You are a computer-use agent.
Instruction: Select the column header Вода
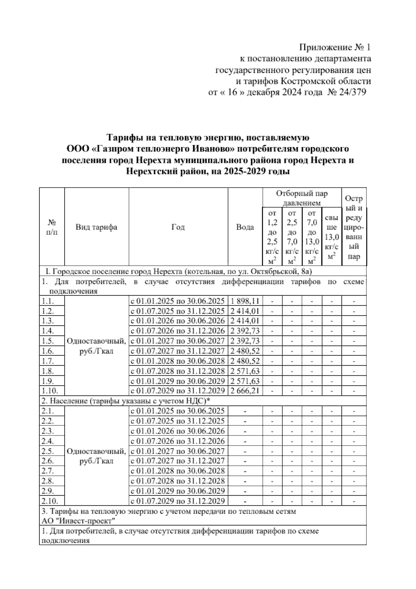click(x=245, y=227)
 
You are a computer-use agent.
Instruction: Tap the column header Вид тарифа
click(x=96, y=227)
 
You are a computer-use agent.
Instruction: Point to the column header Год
click(x=178, y=227)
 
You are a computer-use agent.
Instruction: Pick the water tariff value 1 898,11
click(x=245, y=301)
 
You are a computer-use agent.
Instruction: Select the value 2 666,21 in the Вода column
click(x=245, y=391)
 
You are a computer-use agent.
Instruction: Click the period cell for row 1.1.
click(x=178, y=301)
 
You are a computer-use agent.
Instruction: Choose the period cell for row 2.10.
click(x=178, y=501)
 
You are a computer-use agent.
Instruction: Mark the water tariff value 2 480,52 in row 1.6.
click(x=245, y=351)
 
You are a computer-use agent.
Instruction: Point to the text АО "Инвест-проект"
click(x=78, y=521)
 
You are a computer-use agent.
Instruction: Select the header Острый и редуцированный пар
click(x=354, y=227)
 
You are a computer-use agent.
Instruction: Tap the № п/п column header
click(x=52, y=227)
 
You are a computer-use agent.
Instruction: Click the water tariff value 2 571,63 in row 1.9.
click(x=245, y=381)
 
